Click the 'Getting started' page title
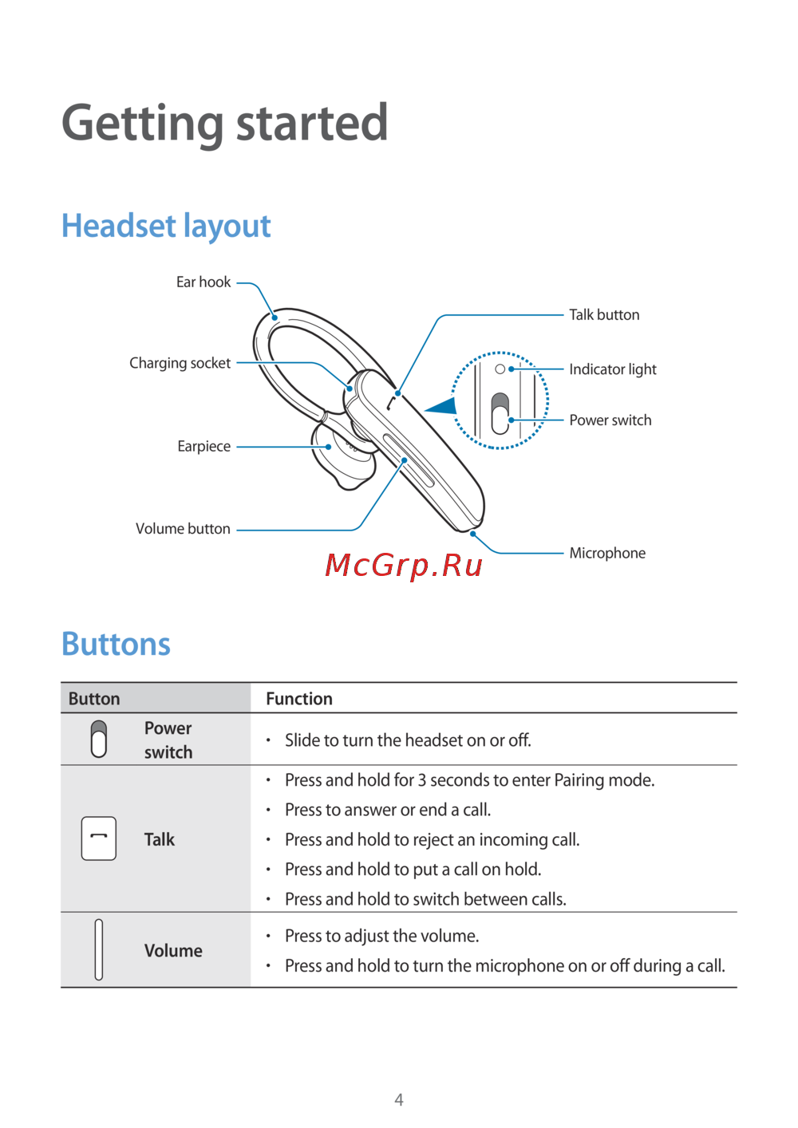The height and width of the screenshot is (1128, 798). tap(224, 124)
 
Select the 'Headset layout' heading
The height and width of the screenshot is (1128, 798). tap(166, 226)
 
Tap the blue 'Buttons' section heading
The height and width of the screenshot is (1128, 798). tap(116, 644)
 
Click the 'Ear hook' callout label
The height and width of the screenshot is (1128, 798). tap(203, 282)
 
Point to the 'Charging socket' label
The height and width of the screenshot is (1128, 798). tap(180, 363)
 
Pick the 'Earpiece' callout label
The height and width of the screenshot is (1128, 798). tap(203, 447)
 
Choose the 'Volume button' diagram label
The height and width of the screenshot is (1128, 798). tap(183, 529)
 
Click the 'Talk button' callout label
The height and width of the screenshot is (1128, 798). tap(604, 315)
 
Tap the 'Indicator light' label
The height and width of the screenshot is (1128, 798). tap(612, 369)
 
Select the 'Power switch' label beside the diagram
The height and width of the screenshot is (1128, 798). tap(610, 420)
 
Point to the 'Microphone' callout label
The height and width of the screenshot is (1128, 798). tap(607, 554)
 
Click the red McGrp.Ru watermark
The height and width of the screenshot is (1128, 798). tap(404, 565)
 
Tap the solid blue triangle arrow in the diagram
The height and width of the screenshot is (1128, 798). tap(442, 407)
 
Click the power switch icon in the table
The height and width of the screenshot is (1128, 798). tap(99, 739)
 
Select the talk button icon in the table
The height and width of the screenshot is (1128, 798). tap(99, 838)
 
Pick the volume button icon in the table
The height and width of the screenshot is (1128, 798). tap(99, 949)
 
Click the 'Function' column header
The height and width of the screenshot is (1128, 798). tap(299, 699)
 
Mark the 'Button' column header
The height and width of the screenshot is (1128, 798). tap(94, 699)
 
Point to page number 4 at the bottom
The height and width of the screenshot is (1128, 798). tap(399, 1100)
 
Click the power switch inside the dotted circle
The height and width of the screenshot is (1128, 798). tap(500, 412)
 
